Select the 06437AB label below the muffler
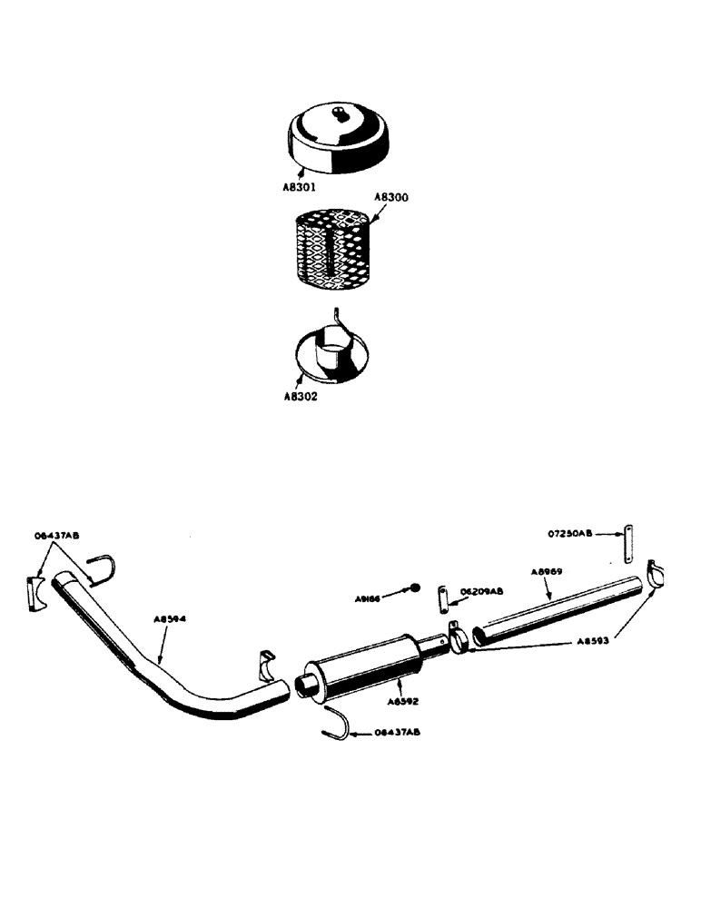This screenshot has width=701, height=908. point(396,731)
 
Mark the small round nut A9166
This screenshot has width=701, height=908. point(413,587)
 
